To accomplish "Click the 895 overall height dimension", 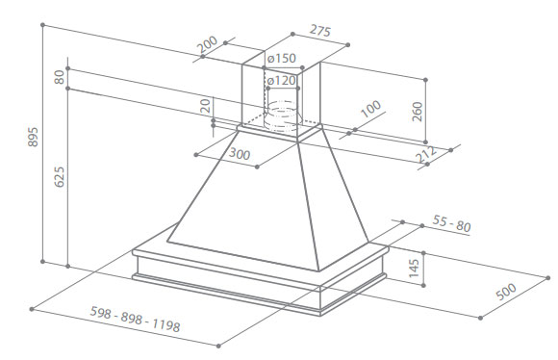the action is click(x=33, y=137).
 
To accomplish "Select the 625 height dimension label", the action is click(x=59, y=176).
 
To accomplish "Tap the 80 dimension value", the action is click(x=59, y=77).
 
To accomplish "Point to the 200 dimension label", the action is click(x=207, y=44).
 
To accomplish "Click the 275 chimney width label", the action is click(x=320, y=31).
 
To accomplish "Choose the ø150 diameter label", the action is click(x=282, y=58).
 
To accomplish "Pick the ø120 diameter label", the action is click(x=282, y=81).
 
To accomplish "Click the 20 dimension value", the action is click(x=205, y=106).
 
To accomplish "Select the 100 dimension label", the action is click(x=370, y=109).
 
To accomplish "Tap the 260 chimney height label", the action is click(x=418, y=112).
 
